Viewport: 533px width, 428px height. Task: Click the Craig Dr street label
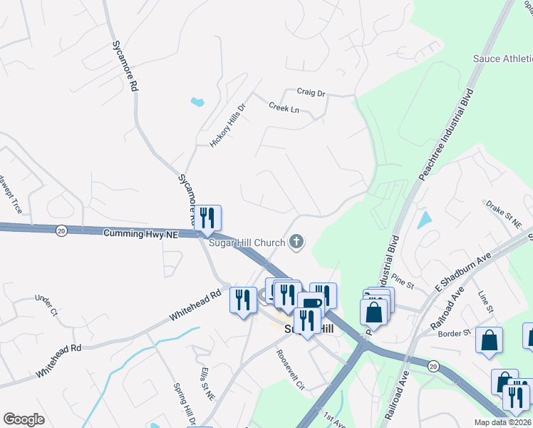click(311, 93)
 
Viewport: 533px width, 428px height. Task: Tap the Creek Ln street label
click(284, 108)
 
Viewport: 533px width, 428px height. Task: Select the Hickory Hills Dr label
click(227, 126)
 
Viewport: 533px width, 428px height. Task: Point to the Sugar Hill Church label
click(247, 243)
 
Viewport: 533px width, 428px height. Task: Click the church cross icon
click(296, 243)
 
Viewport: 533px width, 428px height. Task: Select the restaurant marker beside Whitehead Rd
click(243, 299)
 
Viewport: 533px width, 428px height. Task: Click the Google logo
click(24, 419)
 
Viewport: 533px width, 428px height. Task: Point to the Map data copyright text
click(502, 422)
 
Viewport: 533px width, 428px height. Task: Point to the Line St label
click(486, 302)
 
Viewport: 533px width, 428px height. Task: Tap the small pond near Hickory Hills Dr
click(197, 101)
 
